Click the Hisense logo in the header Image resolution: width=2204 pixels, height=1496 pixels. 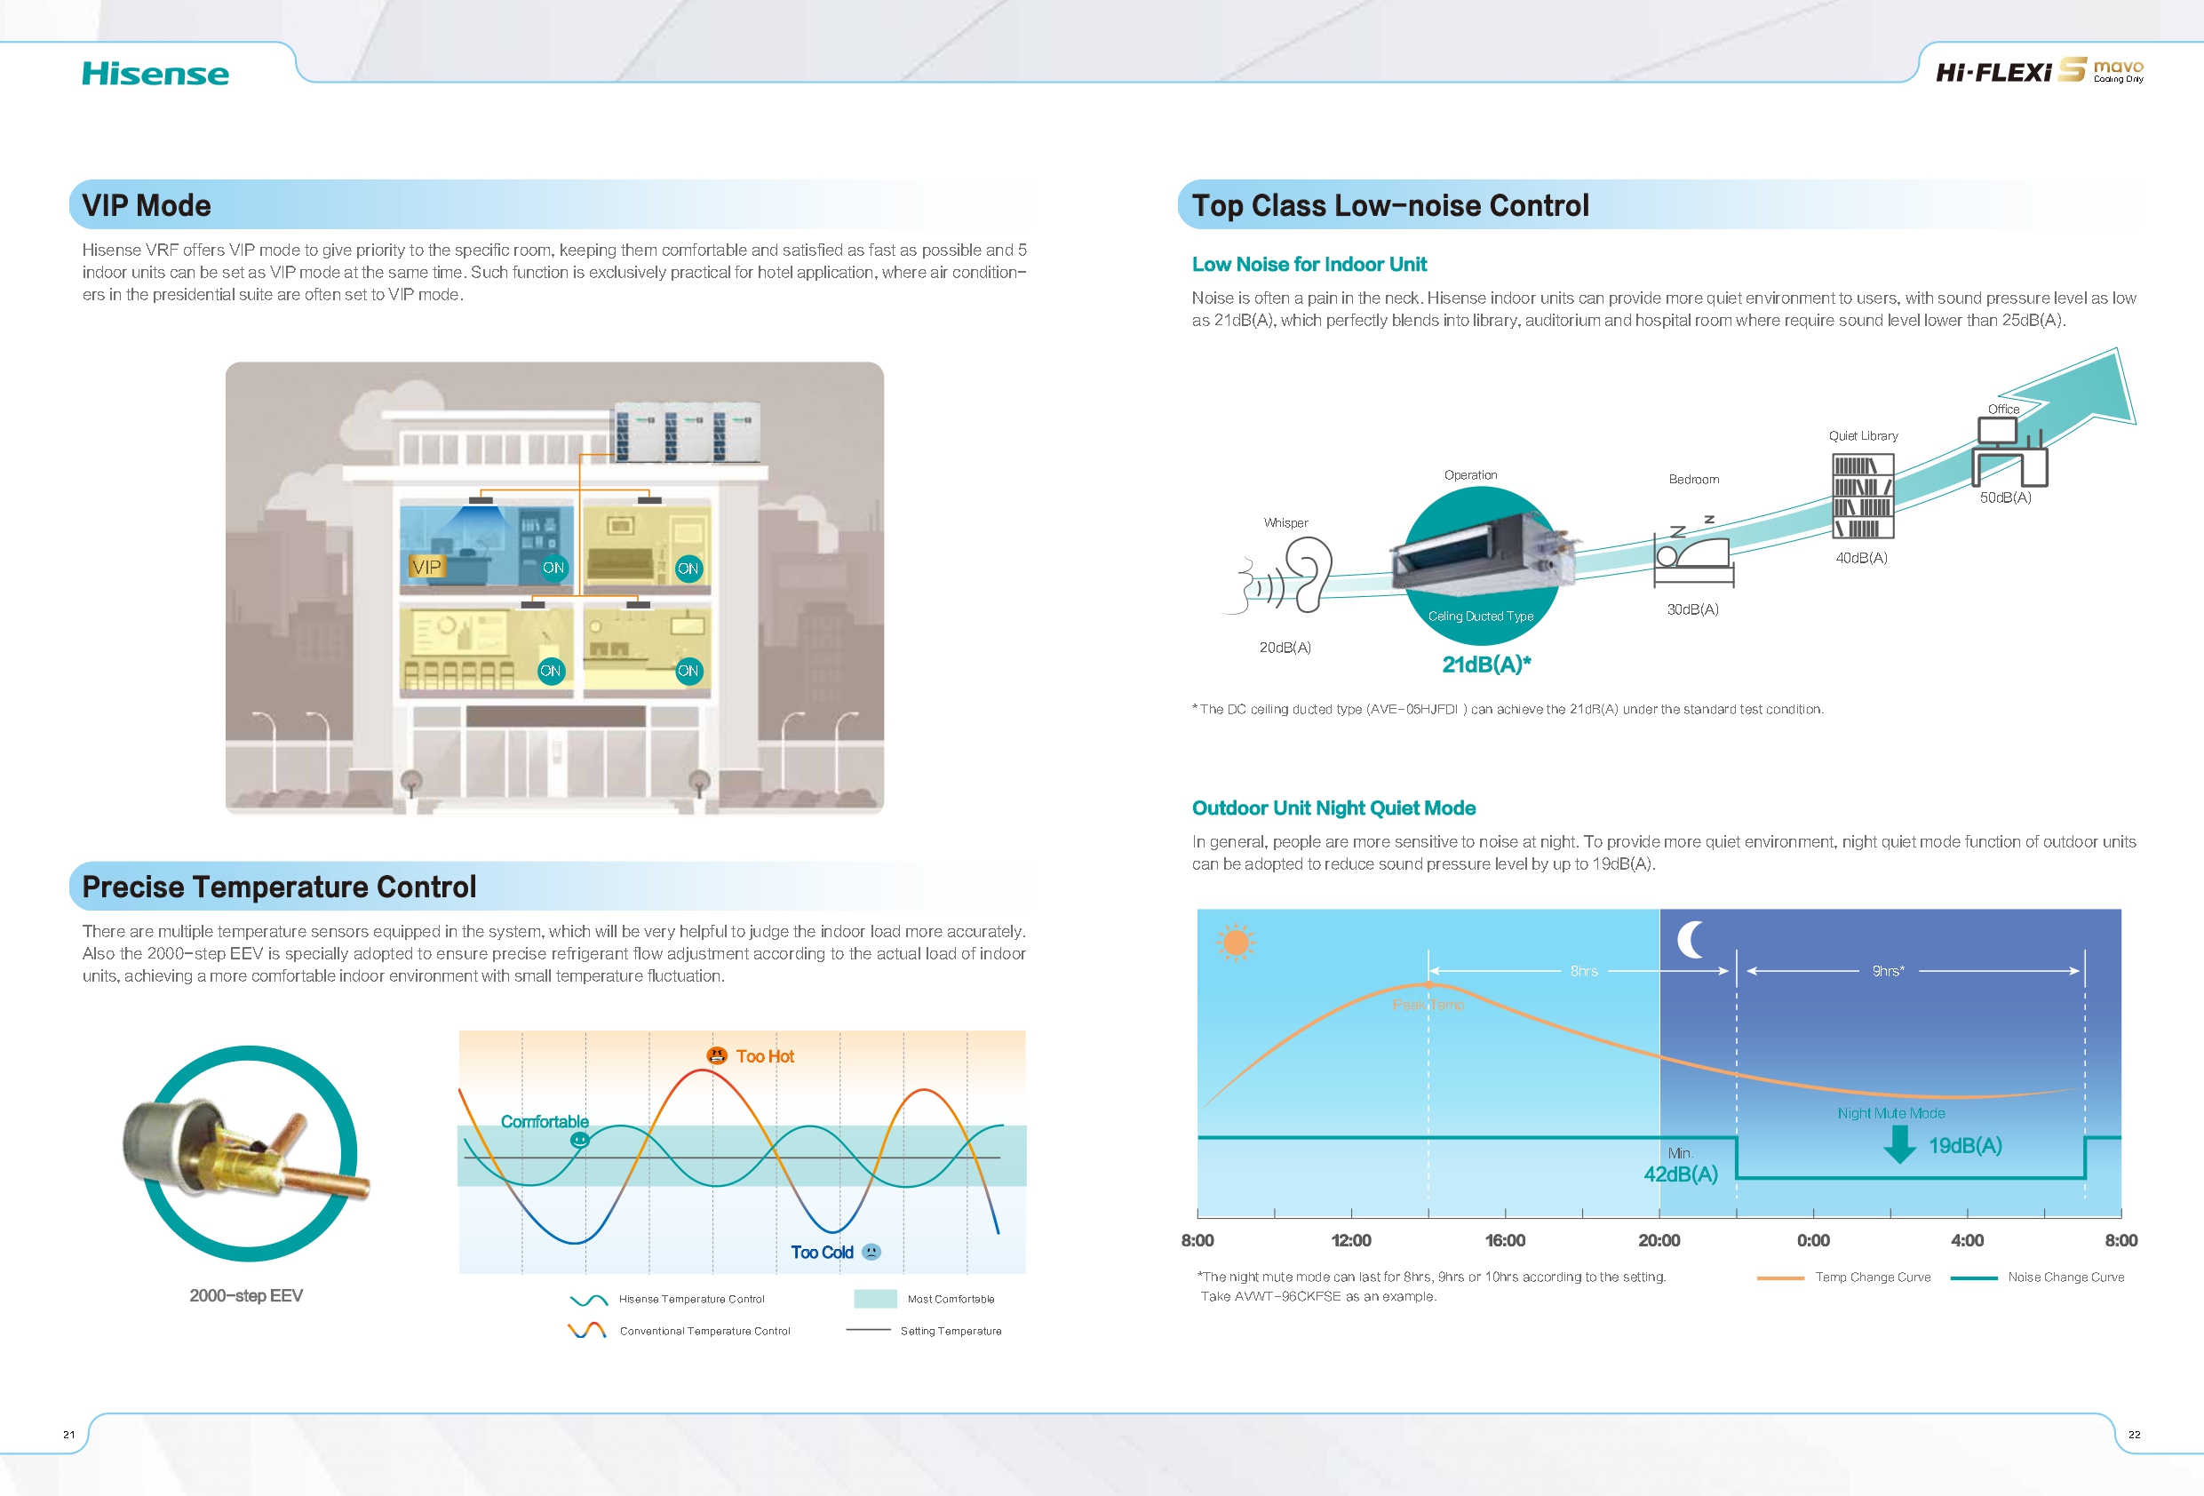point(155,74)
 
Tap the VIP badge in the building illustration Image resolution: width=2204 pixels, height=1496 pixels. point(426,567)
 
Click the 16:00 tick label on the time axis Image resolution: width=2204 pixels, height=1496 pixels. point(1505,1240)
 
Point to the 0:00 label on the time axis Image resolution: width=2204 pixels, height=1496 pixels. point(1813,1240)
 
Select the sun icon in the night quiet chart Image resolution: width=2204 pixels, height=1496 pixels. point(1236,942)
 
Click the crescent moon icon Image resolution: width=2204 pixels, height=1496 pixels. point(1690,939)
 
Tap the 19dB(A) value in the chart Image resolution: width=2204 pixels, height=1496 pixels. point(1965,1145)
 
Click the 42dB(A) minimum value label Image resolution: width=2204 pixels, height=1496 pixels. point(1681,1174)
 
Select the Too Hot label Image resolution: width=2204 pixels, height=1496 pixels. point(764,1056)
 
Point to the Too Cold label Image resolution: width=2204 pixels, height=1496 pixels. point(823,1253)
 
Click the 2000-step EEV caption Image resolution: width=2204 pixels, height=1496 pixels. point(247,1296)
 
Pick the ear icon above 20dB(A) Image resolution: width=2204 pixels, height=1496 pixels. point(1309,573)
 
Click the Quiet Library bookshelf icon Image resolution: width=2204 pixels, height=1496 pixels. point(1863,496)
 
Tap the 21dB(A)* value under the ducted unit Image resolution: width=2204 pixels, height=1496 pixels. point(1486,664)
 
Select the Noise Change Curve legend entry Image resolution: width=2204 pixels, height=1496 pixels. point(2038,1277)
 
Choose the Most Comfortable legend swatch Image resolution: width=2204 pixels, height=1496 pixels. point(875,1299)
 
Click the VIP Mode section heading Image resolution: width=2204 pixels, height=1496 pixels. point(147,205)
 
